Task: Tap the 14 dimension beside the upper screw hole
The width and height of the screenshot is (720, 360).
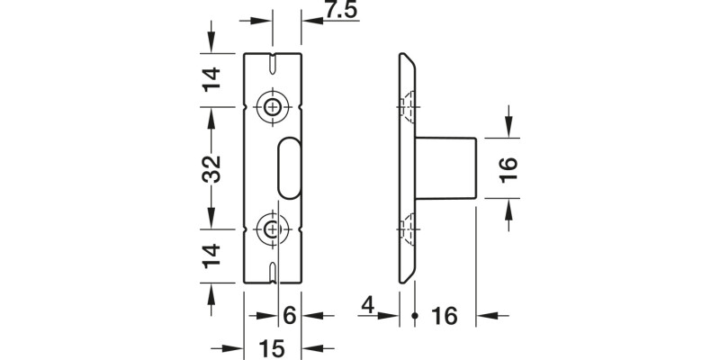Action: click(x=211, y=81)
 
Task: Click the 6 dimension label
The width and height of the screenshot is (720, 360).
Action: click(x=289, y=316)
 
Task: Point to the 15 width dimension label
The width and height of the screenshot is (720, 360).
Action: click(x=272, y=347)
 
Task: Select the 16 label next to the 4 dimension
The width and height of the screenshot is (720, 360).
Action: click(x=445, y=316)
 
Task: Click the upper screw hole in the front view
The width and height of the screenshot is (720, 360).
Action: click(x=273, y=106)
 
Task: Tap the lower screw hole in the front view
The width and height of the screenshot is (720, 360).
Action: click(x=273, y=230)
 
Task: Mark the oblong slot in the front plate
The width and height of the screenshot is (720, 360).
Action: click(x=288, y=167)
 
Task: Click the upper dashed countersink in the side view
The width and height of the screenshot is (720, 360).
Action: click(x=409, y=106)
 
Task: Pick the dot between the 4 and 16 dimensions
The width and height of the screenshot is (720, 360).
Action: click(x=414, y=316)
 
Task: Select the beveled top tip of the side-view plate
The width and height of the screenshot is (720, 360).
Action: click(x=406, y=60)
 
